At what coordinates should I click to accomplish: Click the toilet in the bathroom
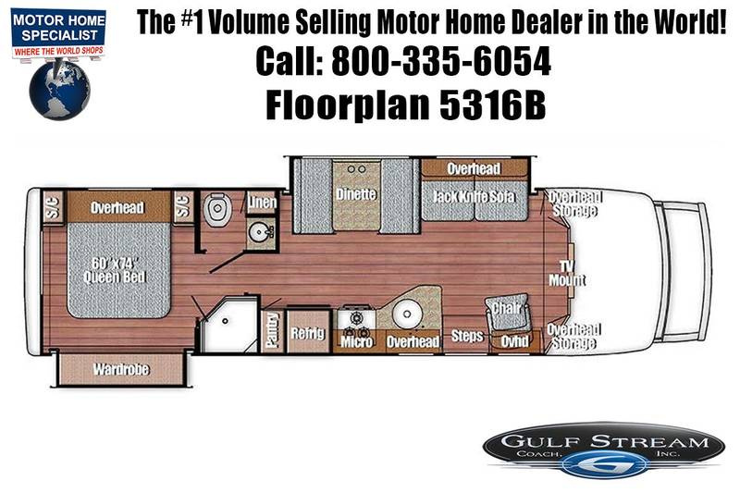click(217, 209)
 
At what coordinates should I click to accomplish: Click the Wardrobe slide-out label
click(121, 369)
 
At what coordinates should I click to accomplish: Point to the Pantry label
click(272, 330)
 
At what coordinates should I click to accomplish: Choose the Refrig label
click(308, 333)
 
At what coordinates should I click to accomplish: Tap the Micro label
click(356, 341)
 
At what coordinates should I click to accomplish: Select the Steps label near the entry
click(467, 336)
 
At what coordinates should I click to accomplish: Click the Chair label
click(507, 308)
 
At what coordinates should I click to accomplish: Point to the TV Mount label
click(567, 274)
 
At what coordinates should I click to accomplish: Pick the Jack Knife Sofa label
click(474, 196)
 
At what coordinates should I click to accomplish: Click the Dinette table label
click(356, 194)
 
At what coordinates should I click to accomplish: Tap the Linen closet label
click(262, 203)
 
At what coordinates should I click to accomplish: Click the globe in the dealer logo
click(59, 90)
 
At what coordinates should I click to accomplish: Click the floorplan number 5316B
click(493, 105)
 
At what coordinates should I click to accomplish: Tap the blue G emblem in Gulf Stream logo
click(600, 464)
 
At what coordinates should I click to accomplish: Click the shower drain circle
click(225, 321)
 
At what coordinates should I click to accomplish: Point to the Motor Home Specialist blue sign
click(58, 28)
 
